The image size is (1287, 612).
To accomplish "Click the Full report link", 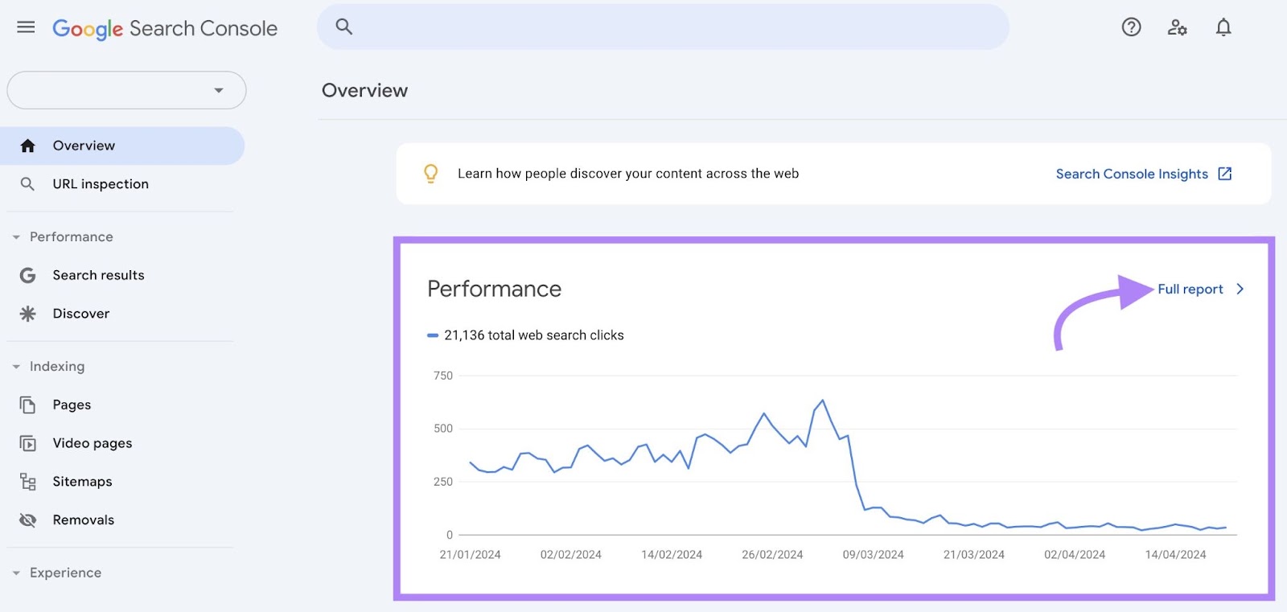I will tap(1190, 290).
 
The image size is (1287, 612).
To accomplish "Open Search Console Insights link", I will tap(1132, 175).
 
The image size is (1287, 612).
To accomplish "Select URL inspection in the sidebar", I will tap(101, 184).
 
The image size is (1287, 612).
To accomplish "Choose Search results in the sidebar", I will tap(98, 275).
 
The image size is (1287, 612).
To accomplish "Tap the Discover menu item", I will tap(80, 314).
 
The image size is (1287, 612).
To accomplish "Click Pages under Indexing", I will tap(72, 405).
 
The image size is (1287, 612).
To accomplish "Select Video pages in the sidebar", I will tap(92, 443).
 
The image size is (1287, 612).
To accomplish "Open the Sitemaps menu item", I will tap(82, 482).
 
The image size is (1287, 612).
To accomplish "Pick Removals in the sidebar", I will tap(83, 520).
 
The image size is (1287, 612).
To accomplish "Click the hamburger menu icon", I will tap(26, 27).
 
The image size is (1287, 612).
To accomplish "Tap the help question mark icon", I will tap(1131, 27).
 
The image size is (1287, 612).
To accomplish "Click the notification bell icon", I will tap(1223, 27).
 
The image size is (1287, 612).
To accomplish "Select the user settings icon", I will tap(1177, 27).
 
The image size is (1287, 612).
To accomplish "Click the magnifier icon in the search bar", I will tap(344, 27).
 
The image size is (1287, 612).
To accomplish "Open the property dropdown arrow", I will tap(218, 90).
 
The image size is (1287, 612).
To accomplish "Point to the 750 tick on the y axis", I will tap(443, 376).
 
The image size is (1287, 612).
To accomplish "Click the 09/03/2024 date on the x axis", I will tap(873, 555).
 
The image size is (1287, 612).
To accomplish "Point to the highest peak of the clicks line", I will tap(822, 400).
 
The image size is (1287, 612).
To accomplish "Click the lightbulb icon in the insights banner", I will tap(431, 174).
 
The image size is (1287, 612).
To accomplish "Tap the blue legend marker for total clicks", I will tap(433, 335).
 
